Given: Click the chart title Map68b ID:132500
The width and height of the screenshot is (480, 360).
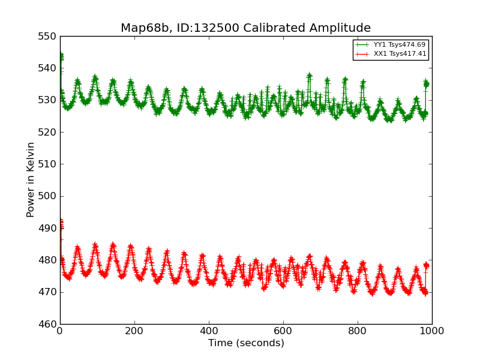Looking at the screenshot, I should point(245,28).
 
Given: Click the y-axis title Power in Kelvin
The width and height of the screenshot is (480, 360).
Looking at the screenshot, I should point(31,180).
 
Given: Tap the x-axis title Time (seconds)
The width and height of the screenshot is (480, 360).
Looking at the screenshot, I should point(246,343).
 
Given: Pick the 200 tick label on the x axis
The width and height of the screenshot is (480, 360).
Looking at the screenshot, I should point(134,331).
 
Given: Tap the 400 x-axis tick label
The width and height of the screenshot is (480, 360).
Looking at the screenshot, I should point(209,331).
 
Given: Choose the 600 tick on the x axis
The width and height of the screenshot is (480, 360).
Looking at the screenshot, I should point(283,331).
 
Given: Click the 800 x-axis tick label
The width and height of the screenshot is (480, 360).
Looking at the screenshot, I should point(358,331).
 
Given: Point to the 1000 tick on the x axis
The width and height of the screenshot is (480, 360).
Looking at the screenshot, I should point(432,331).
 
